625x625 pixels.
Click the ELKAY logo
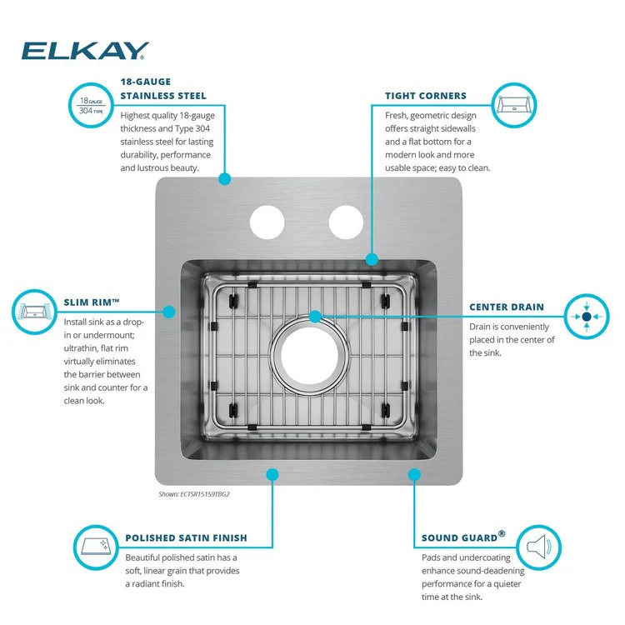(85, 51)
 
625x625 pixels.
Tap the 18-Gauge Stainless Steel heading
(163, 89)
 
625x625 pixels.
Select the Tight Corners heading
(426, 96)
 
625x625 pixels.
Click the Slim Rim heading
(92, 302)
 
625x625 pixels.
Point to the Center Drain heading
(507, 307)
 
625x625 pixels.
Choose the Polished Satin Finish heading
(186, 538)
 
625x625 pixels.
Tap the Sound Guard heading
(463, 537)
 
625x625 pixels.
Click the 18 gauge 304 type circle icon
(92, 105)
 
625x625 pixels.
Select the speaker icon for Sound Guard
(539, 547)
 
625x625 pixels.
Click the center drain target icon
(587, 317)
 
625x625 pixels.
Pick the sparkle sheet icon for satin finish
(96, 547)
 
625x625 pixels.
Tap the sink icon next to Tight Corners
(514, 105)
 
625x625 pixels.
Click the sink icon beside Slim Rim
(34, 312)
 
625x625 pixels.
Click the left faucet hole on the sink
(267, 222)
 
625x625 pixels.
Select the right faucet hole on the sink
(346, 222)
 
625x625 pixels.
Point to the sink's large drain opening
(310, 356)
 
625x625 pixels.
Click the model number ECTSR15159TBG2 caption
(194, 494)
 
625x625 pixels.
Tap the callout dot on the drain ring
(315, 317)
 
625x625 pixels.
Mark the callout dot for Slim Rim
(169, 312)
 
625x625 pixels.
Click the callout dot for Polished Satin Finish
(272, 474)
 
